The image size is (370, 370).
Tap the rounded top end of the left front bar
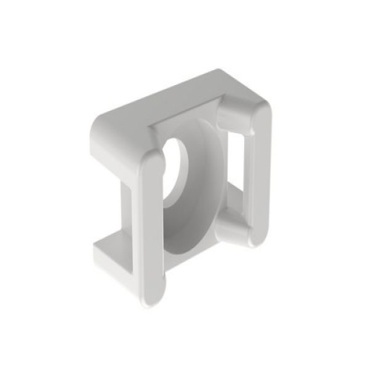click(x=150, y=161)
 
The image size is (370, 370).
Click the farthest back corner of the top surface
click(x=220, y=72)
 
